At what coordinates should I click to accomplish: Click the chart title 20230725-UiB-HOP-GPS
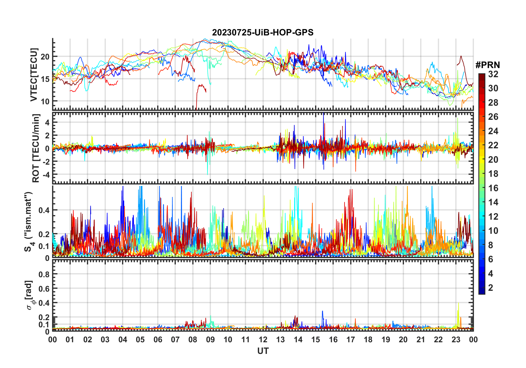pos(263,33)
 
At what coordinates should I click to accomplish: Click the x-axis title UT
pos(263,351)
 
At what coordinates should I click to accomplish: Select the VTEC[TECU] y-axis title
pos(34,75)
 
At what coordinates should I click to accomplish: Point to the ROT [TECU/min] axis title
pos(36,148)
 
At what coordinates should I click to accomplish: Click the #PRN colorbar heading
pos(488,65)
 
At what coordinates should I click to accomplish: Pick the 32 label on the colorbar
pos(493,74)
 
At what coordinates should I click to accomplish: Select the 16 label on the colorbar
pos(493,188)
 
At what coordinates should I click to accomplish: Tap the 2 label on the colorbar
pos(491,288)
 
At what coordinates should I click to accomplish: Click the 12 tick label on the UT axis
pos(263,340)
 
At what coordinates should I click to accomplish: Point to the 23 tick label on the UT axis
pos(456,340)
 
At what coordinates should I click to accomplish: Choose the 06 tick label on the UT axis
pos(158,340)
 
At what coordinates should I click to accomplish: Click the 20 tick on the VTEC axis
pos(45,57)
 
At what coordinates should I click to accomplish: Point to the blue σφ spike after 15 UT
pos(322,312)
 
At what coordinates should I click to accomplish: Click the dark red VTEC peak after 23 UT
pos(461,56)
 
